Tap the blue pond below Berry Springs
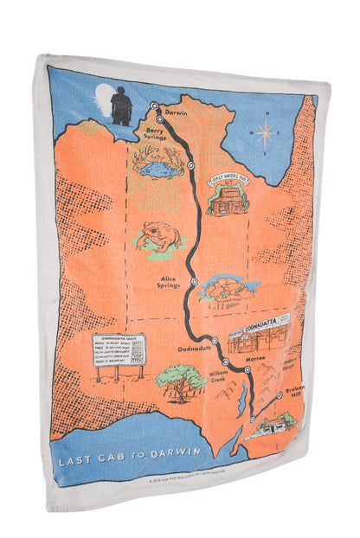[x=157, y=166]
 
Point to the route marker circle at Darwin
[x=154, y=106]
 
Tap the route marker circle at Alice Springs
[x=195, y=281]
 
